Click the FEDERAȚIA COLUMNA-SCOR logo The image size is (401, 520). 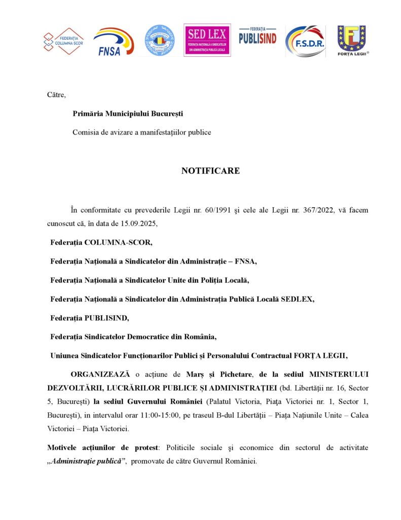coord(64,41)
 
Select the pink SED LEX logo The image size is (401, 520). coord(207,40)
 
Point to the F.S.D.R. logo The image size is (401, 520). coord(305,41)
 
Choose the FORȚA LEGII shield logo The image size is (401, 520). coord(352,40)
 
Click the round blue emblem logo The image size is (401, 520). coord(160,40)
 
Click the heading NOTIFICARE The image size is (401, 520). coord(210,171)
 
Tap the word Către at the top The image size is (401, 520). coord(56,94)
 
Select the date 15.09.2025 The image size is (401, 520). coord(144,223)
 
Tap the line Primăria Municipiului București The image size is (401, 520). coord(127,113)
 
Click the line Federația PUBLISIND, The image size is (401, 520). coord(90,318)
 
